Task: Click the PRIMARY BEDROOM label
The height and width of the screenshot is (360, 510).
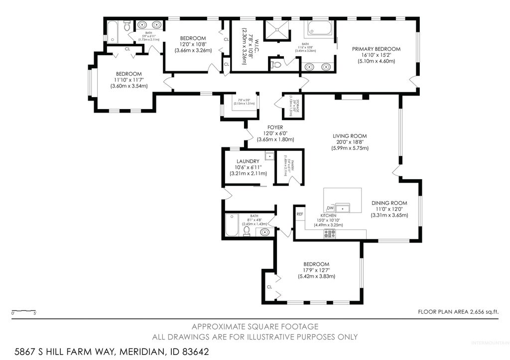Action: tap(376, 49)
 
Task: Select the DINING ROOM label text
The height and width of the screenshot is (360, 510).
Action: tap(389, 203)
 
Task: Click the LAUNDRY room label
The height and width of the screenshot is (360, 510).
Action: tap(248, 161)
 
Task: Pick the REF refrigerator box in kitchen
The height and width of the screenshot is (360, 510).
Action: tap(300, 214)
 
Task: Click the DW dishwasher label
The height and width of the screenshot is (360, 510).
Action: tap(330, 208)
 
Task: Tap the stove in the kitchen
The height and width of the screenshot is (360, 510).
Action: tap(330, 234)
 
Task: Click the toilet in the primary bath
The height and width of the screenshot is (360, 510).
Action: tap(277, 64)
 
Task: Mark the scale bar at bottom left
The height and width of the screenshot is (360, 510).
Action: tap(23, 312)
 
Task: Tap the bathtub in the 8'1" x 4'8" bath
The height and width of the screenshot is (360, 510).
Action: tap(233, 225)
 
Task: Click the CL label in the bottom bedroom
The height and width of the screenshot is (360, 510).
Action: tap(269, 287)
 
